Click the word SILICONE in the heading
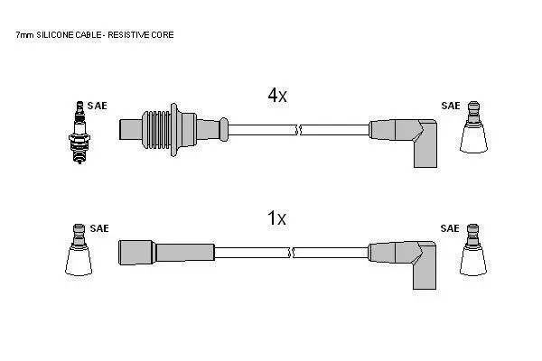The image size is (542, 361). click(55, 35)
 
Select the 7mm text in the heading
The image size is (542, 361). click(25, 35)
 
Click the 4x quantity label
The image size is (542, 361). click(277, 95)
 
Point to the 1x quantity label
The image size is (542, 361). click(277, 218)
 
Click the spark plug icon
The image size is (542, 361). click(79, 133)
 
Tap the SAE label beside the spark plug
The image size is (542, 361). click(98, 106)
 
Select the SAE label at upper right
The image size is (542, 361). click(451, 106)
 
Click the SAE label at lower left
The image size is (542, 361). click(99, 228)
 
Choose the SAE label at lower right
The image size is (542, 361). click(450, 228)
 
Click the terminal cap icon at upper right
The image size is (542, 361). click(473, 127)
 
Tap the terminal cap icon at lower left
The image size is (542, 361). click(79, 250)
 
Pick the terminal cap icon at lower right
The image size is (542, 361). click(472, 250)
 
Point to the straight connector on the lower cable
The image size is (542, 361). click(166, 253)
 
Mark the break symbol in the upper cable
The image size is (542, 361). click(299, 130)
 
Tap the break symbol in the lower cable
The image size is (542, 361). click(291, 253)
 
